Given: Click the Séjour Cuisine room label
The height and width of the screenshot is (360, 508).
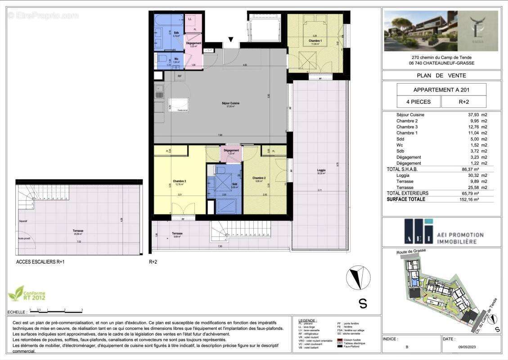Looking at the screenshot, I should tap(230, 103).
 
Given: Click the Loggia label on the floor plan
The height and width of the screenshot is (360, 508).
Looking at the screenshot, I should tap(321, 170).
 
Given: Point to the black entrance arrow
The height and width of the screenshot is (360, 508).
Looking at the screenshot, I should tap(231, 40).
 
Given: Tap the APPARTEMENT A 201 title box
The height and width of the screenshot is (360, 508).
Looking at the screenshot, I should tap(441, 90).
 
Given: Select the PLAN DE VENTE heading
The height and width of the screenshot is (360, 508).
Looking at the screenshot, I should tap(441, 76).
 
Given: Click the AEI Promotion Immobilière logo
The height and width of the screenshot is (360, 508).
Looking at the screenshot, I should tap(441, 232).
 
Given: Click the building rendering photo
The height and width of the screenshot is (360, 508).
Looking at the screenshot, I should tap(421, 31).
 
